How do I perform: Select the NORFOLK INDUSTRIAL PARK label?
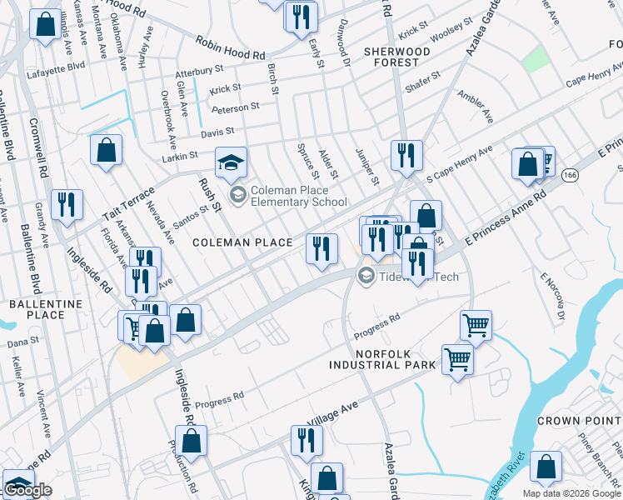(x=382, y=359)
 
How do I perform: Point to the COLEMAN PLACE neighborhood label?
(x=242, y=242)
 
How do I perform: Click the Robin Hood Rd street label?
(x=228, y=47)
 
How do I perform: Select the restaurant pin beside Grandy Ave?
(x=67, y=204)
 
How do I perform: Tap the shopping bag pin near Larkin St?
(x=107, y=151)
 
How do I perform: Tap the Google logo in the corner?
(x=27, y=491)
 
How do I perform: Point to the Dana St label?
(x=22, y=342)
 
